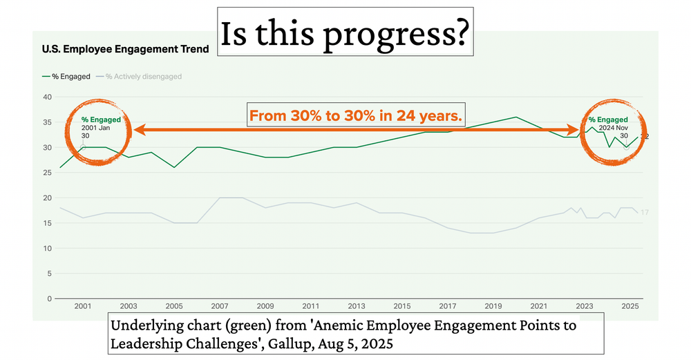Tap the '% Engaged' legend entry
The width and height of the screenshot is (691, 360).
pyautogui.click(x=66, y=77)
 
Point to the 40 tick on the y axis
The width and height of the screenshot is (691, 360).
pyautogui.click(x=47, y=97)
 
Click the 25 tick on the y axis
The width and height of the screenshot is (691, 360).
pyautogui.click(x=47, y=173)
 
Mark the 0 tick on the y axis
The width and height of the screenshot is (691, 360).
pyautogui.click(x=50, y=299)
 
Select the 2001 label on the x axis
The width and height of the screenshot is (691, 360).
pyautogui.click(x=83, y=306)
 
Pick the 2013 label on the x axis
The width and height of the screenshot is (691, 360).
pyautogui.click(x=356, y=306)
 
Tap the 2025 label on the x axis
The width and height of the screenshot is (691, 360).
pyautogui.click(x=629, y=306)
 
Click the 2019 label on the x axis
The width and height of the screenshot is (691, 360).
pyautogui.click(x=493, y=306)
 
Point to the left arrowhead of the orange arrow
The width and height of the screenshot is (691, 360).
pyautogui.click(x=139, y=129)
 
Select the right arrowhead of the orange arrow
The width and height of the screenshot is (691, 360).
pyautogui.click(x=574, y=129)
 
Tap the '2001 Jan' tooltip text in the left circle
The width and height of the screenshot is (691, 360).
pyautogui.click(x=96, y=128)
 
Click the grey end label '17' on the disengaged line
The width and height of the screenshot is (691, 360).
pyautogui.click(x=644, y=213)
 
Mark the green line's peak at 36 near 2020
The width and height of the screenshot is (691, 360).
pyautogui.click(x=515, y=117)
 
